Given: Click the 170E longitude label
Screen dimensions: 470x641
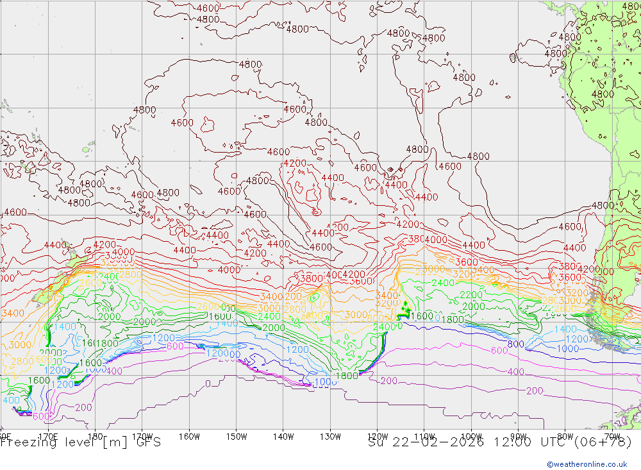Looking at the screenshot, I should (48, 436).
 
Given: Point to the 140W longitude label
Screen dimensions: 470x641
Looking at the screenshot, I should (283, 436).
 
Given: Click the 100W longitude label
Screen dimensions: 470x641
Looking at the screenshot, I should (471, 436).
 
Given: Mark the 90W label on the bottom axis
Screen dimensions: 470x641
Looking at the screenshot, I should (518, 436).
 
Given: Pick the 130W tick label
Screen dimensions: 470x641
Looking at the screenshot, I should (330, 436).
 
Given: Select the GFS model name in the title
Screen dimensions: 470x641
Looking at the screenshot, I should (147, 442).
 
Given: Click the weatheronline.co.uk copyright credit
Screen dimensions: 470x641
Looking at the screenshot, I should (587, 464).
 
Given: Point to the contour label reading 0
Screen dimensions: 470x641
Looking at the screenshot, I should (208, 384).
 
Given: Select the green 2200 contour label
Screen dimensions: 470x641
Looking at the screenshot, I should (471, 295).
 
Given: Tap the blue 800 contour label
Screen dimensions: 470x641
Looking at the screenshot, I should (515, 344).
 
